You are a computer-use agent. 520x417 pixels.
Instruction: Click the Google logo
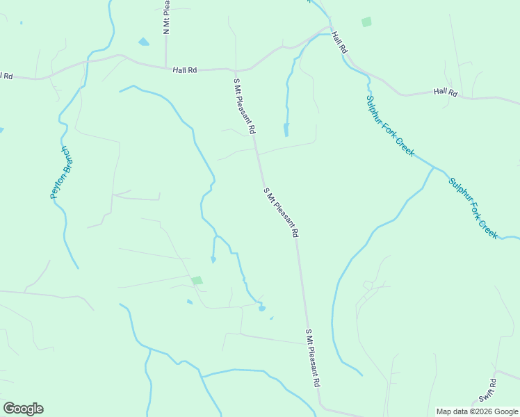23,409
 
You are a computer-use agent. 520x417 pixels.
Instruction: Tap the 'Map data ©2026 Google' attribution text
477,411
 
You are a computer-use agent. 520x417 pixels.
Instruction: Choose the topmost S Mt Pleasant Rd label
245,106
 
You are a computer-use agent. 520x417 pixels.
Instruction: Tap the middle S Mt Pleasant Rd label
281,213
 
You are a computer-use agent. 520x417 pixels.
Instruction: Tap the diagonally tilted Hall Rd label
339,43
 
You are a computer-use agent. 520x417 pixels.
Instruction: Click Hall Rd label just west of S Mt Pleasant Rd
185,69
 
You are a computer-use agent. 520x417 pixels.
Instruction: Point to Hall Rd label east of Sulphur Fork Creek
445,92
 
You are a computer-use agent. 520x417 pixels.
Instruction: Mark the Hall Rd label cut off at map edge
6,75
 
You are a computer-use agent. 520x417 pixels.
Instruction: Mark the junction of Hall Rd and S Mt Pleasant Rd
236,70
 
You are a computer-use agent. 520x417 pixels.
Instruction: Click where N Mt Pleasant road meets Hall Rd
167,67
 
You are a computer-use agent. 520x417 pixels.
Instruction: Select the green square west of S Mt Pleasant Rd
197,280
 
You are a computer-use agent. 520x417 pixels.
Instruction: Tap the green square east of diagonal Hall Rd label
366,22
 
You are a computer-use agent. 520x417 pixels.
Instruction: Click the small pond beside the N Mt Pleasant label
144,42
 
